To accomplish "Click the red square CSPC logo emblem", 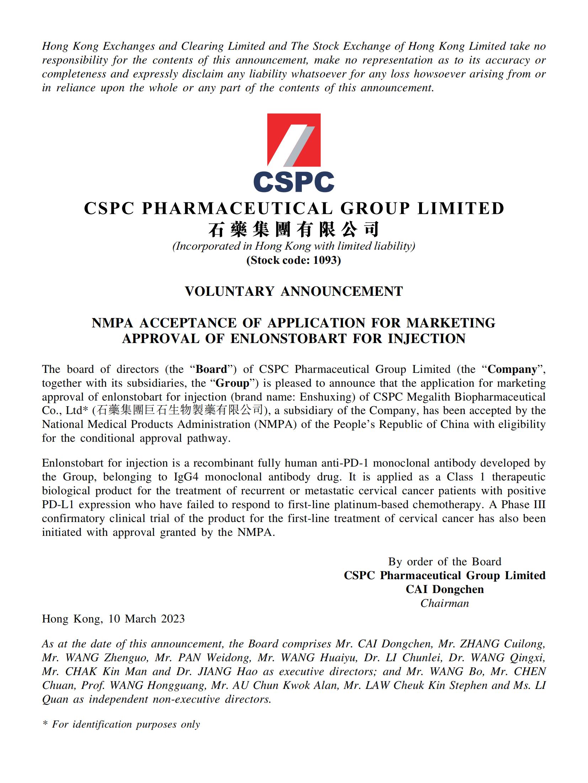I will [x=294, y=140].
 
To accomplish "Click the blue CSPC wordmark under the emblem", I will [x=294, y=182].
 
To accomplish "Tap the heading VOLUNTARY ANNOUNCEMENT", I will [x=294, y=292].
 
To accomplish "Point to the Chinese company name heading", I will [x=294, y=229].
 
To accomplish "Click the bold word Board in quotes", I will [x=211, y=369].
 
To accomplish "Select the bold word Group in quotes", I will [x=232, y=383].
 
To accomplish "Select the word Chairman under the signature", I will [x=444, y=603].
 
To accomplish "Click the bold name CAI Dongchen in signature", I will [x=444, y=589].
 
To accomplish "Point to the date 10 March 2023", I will [x=147, y=619].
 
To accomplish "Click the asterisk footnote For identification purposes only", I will [x=121, y=724].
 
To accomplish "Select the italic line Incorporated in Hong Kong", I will [x=294, y=246].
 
